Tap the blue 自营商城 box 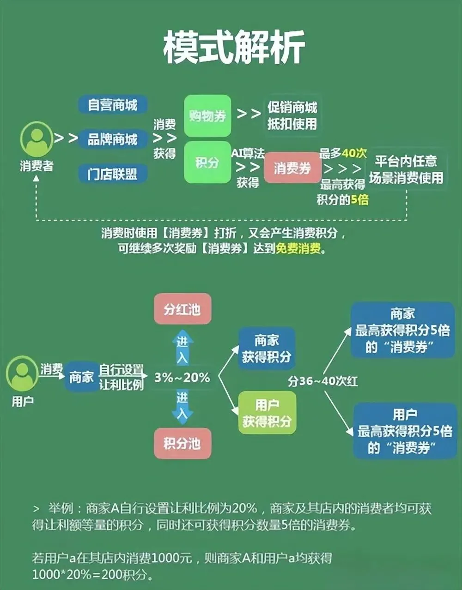[112, 105]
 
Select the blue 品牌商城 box [112, 139]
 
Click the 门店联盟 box [112, 174]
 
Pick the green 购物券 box [207, 116]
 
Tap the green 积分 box [207, 163]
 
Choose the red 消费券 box [292, 168]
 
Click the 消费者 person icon [36, 139]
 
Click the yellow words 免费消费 [298, 249]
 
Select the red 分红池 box [182, 309]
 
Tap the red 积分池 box [182, 443]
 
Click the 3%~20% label [182, 378]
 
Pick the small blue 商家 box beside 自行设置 [81, 378]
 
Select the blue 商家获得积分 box [267, 349]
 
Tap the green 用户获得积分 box [267, 413]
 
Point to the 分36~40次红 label [322, 381]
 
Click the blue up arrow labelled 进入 [182, 347]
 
